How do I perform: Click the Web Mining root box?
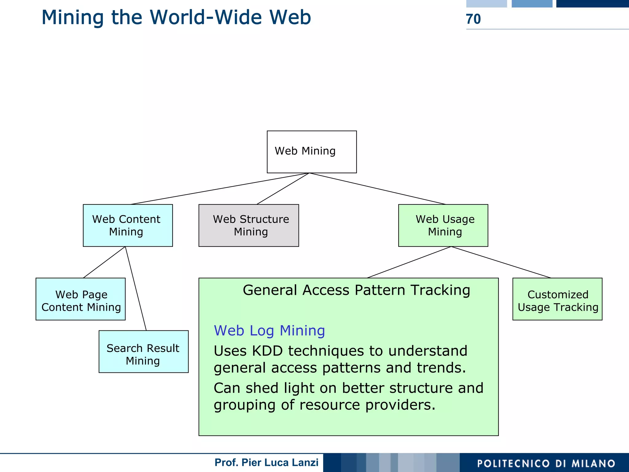click(311, 152)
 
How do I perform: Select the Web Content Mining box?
click(128, 225)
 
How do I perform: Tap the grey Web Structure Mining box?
click(248, 225)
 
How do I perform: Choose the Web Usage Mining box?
click(443, 225)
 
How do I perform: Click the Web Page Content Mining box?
click(80, 299)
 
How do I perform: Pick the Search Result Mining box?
click(143, 352)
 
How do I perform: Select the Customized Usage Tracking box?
click(557, 299)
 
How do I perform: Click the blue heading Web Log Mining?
click(269, 331)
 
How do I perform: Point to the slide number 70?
click(473, 19)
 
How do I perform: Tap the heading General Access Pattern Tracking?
click(356, 290)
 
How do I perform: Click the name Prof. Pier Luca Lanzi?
click(266, 462)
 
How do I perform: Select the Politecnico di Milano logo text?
click(546, 463)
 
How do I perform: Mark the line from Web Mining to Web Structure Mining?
click(283, 189)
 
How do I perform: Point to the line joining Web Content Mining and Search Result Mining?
click(136, 289)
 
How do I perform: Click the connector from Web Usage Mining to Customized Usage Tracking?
click(501, 262)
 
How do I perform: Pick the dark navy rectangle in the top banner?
click(592, 3)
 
